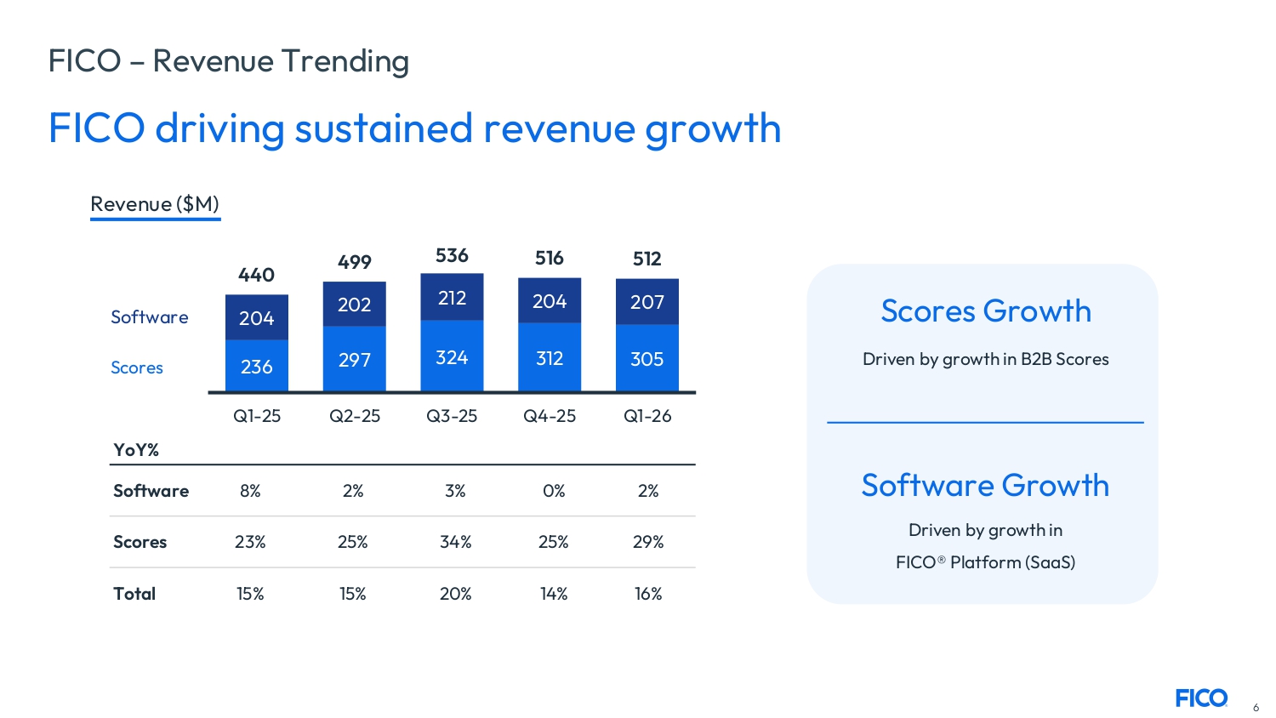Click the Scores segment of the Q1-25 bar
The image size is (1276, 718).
point(256,366)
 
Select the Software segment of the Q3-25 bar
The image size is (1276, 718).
point(452,297)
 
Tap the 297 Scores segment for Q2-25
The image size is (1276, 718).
point(354,359)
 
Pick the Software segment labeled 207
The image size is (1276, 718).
point(647,302)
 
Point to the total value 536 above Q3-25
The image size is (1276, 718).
point(452,255)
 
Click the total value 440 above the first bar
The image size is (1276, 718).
point(256,275)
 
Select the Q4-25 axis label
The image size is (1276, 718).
point(550,416)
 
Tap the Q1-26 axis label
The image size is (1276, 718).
point(647,416)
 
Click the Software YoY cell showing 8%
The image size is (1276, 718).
point(250,491)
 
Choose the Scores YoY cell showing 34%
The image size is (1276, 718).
point(455,542)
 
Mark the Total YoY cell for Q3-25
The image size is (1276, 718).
point(455,594)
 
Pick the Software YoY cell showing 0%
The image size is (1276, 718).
point(554,491)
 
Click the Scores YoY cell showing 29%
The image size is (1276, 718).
point(648,542)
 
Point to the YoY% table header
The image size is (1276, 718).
point(136,450)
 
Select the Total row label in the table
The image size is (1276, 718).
point(134,594)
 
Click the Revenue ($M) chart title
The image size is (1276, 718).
point(155,204)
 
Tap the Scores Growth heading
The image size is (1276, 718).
point(985,311)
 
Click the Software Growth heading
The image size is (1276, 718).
point(985,485)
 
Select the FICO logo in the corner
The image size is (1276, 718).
point(1201,698)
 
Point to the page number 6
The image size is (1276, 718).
point(1256,708)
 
